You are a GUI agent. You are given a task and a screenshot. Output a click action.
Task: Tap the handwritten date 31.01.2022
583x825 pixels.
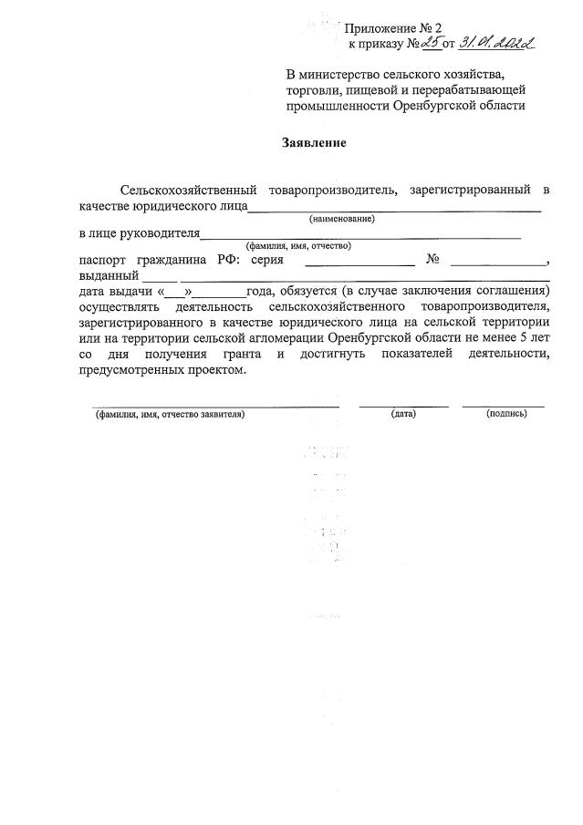[498, 42]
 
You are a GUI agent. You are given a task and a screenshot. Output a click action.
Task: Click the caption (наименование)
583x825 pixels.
[342, 219]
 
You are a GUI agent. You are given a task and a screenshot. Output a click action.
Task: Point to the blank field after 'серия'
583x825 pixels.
[359, 263]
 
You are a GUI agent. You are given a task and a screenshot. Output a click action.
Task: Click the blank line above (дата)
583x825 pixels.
[403, 404]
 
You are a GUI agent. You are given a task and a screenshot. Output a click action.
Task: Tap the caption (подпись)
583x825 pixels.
[507, 414]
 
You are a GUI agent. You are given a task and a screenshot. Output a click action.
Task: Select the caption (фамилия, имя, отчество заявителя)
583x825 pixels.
[170, 414]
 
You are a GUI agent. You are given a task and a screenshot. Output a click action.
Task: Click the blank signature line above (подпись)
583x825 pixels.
[503, 404]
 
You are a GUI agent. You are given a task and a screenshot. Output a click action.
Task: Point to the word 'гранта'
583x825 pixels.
[240, 354]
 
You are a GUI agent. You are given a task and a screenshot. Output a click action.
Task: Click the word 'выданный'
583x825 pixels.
[109, 275]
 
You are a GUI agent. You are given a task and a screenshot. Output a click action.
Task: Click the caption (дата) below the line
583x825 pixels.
[403, 414]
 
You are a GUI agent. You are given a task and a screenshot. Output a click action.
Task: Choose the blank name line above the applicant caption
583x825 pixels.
[215, 404]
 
